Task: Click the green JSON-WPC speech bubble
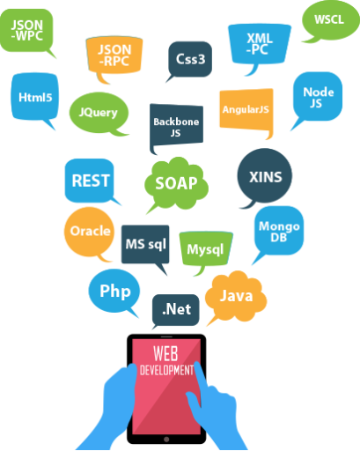[26, 31]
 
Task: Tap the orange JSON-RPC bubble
[114, 55]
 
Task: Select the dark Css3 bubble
[190, 59]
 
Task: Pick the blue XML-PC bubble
[260, 44]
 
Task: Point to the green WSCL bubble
[330, 20]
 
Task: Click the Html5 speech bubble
[35, 97]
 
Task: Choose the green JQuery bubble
[99, 113]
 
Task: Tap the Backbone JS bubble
[176, 125]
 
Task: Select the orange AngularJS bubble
[246, 109]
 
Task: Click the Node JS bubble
[318, 97]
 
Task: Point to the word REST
[91, 181]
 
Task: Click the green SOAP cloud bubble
[177, 183]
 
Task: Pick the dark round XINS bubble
[265, 176]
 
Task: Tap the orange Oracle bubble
[90, 232]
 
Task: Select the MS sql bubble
[145, 244]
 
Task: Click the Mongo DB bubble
[279, 231]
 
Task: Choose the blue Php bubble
[114, 291]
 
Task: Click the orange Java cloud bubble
[236, 296]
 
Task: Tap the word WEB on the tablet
[165, 353]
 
